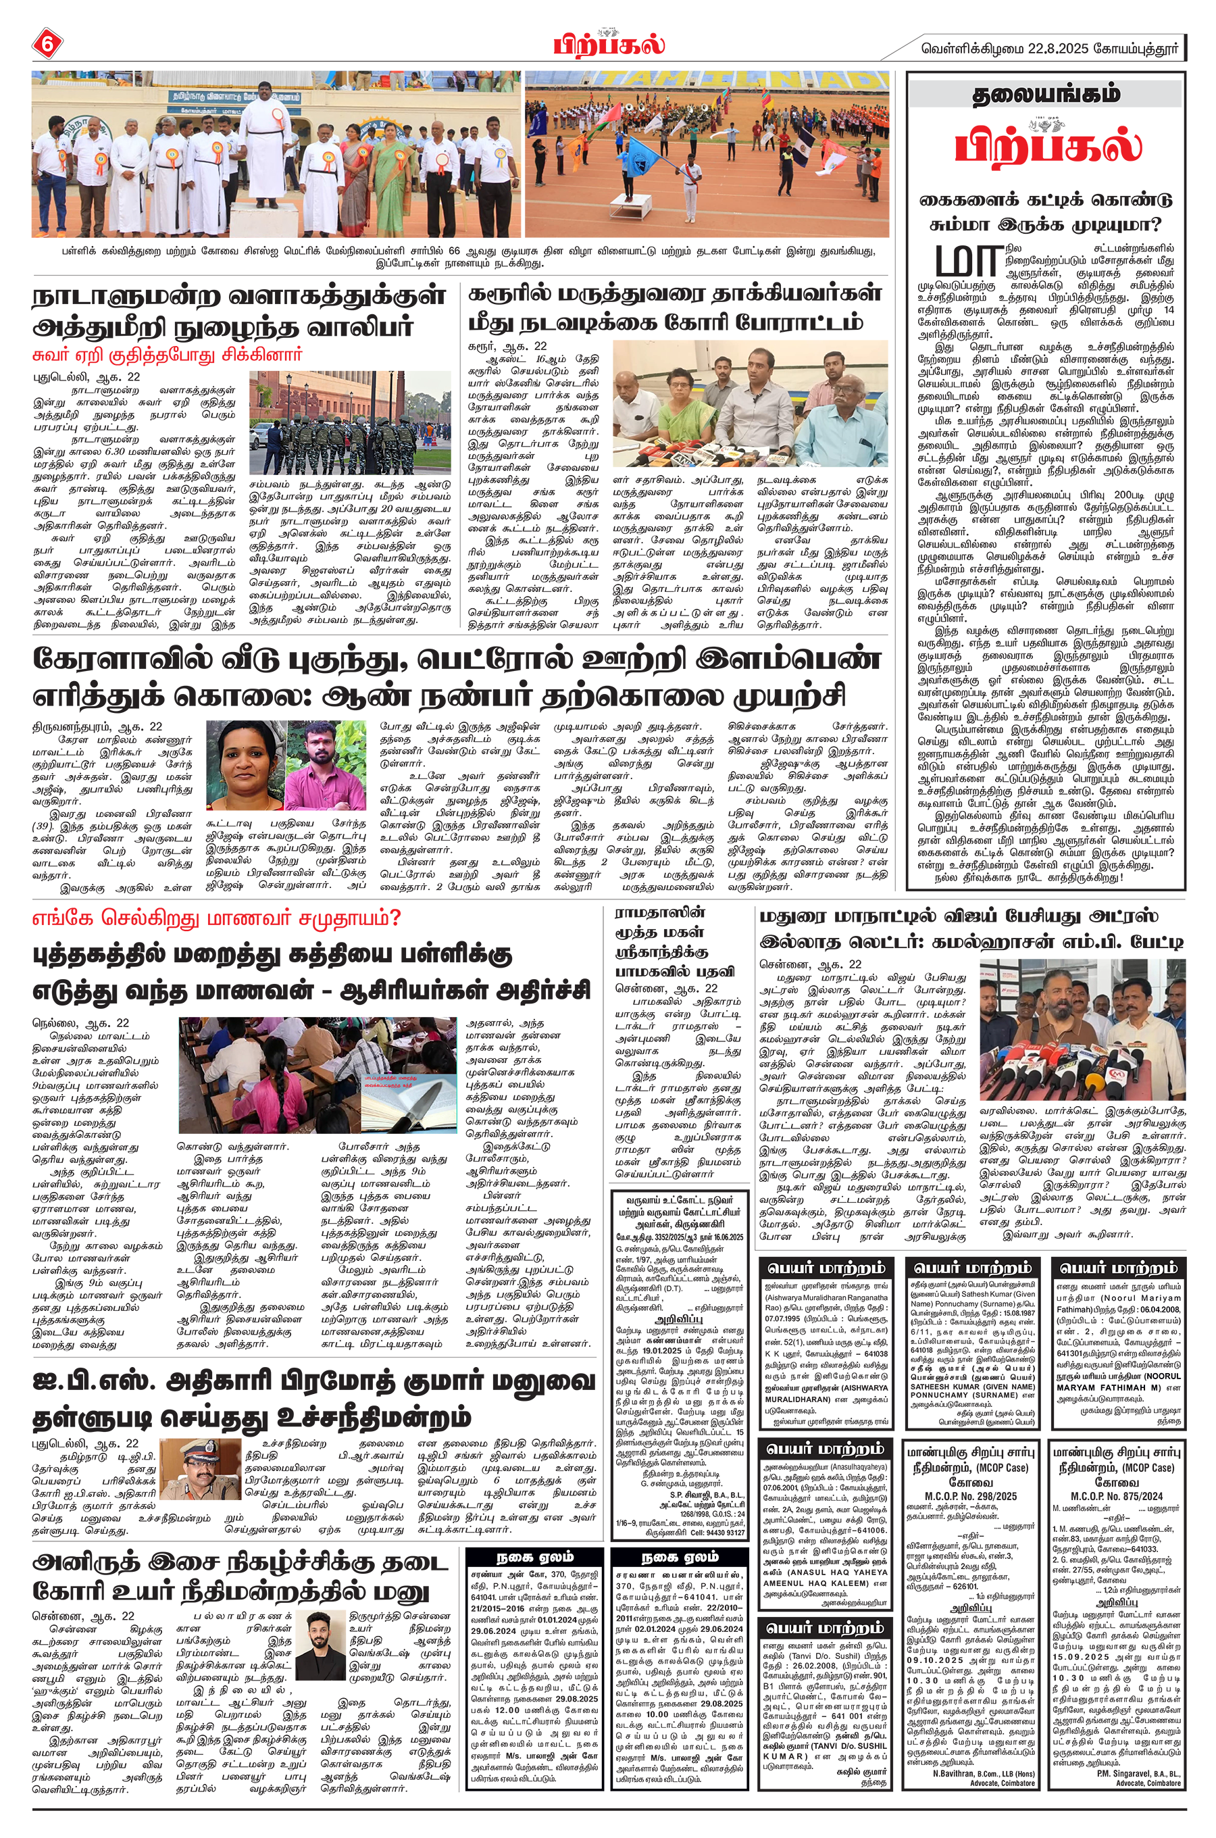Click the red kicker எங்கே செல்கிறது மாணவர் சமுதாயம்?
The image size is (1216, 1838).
pyautogui.click(x=216, y=919)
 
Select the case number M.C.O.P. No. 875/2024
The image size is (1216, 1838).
pyautogui.click(x=1117, y=1496)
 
